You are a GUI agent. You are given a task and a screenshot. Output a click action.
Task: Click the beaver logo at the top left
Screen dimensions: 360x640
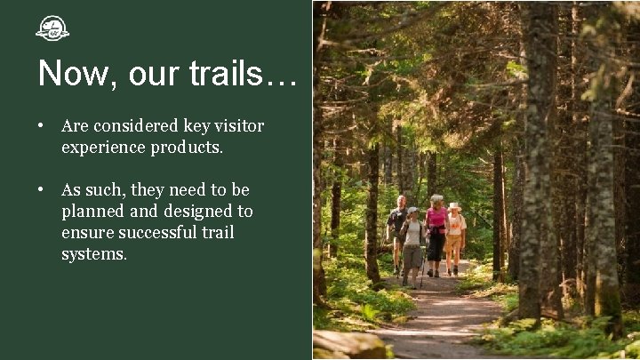[x=52, y=28]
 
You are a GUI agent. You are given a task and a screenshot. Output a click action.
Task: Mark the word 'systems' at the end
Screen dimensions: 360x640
[x=93, y=254]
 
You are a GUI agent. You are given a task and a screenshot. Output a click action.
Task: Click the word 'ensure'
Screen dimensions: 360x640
[x=88, y=233]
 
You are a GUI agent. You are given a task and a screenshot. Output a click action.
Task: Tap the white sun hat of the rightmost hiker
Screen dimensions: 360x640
[x=455, y=206]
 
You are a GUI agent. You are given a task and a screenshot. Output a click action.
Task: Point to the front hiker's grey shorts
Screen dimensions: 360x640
[x=412, y=256]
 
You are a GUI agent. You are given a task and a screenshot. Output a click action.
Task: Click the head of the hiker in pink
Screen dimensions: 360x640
[x=436, y=201]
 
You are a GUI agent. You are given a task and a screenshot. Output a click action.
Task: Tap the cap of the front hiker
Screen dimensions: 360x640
[x=412, y=211]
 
